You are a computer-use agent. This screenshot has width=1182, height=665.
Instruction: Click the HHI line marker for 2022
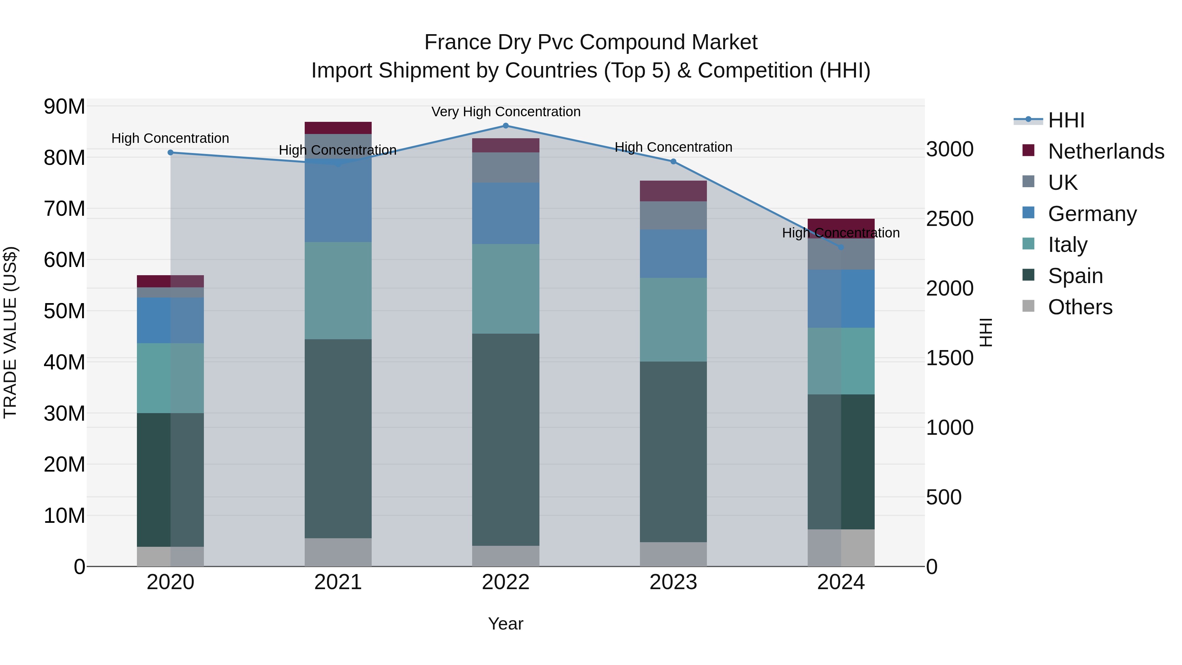coord(506,126)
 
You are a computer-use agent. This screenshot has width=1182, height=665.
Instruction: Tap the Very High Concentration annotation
coord(506,112)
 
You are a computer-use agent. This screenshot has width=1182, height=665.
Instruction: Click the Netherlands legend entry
coord(1106,151)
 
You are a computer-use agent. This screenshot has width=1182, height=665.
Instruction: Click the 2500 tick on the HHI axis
coord(949,219)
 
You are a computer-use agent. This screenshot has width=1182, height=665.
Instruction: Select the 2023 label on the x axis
coord(673,582)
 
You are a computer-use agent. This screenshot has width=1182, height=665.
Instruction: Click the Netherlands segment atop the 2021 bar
coord(338,128)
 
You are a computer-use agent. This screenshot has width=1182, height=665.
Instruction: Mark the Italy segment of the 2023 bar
coord(673,320)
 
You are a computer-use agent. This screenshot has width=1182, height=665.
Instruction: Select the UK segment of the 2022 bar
coord(506,167)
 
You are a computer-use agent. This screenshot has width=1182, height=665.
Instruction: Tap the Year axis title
coord(506,624)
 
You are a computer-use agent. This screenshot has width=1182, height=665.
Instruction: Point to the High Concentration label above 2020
coord(170,138)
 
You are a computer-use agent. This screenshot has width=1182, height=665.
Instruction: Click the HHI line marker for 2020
coord(170,152)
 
